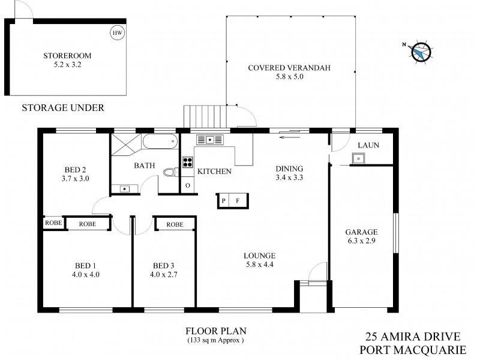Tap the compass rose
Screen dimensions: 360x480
422,52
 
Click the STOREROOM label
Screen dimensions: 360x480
67,56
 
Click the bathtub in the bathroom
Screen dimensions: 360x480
160,142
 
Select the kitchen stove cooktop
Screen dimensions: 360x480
187,161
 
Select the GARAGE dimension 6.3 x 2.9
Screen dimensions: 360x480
361,242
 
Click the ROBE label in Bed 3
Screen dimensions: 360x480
175,224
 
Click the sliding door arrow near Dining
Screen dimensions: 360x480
289,137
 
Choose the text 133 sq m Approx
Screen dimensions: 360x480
215,341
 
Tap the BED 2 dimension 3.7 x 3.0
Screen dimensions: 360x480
76,178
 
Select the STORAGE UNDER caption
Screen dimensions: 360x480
63,108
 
